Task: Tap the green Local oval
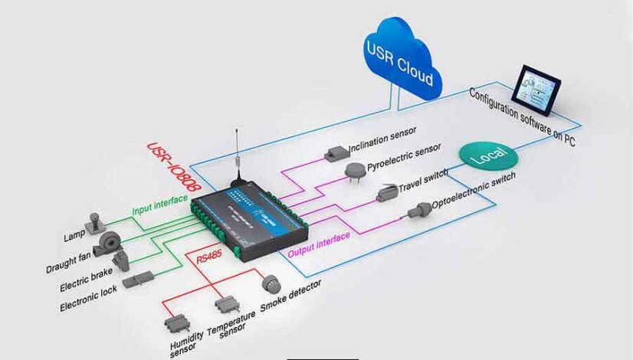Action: (488, 157)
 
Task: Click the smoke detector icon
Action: (271, 284)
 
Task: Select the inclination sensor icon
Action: (335, 152)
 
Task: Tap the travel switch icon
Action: (385, 195)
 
